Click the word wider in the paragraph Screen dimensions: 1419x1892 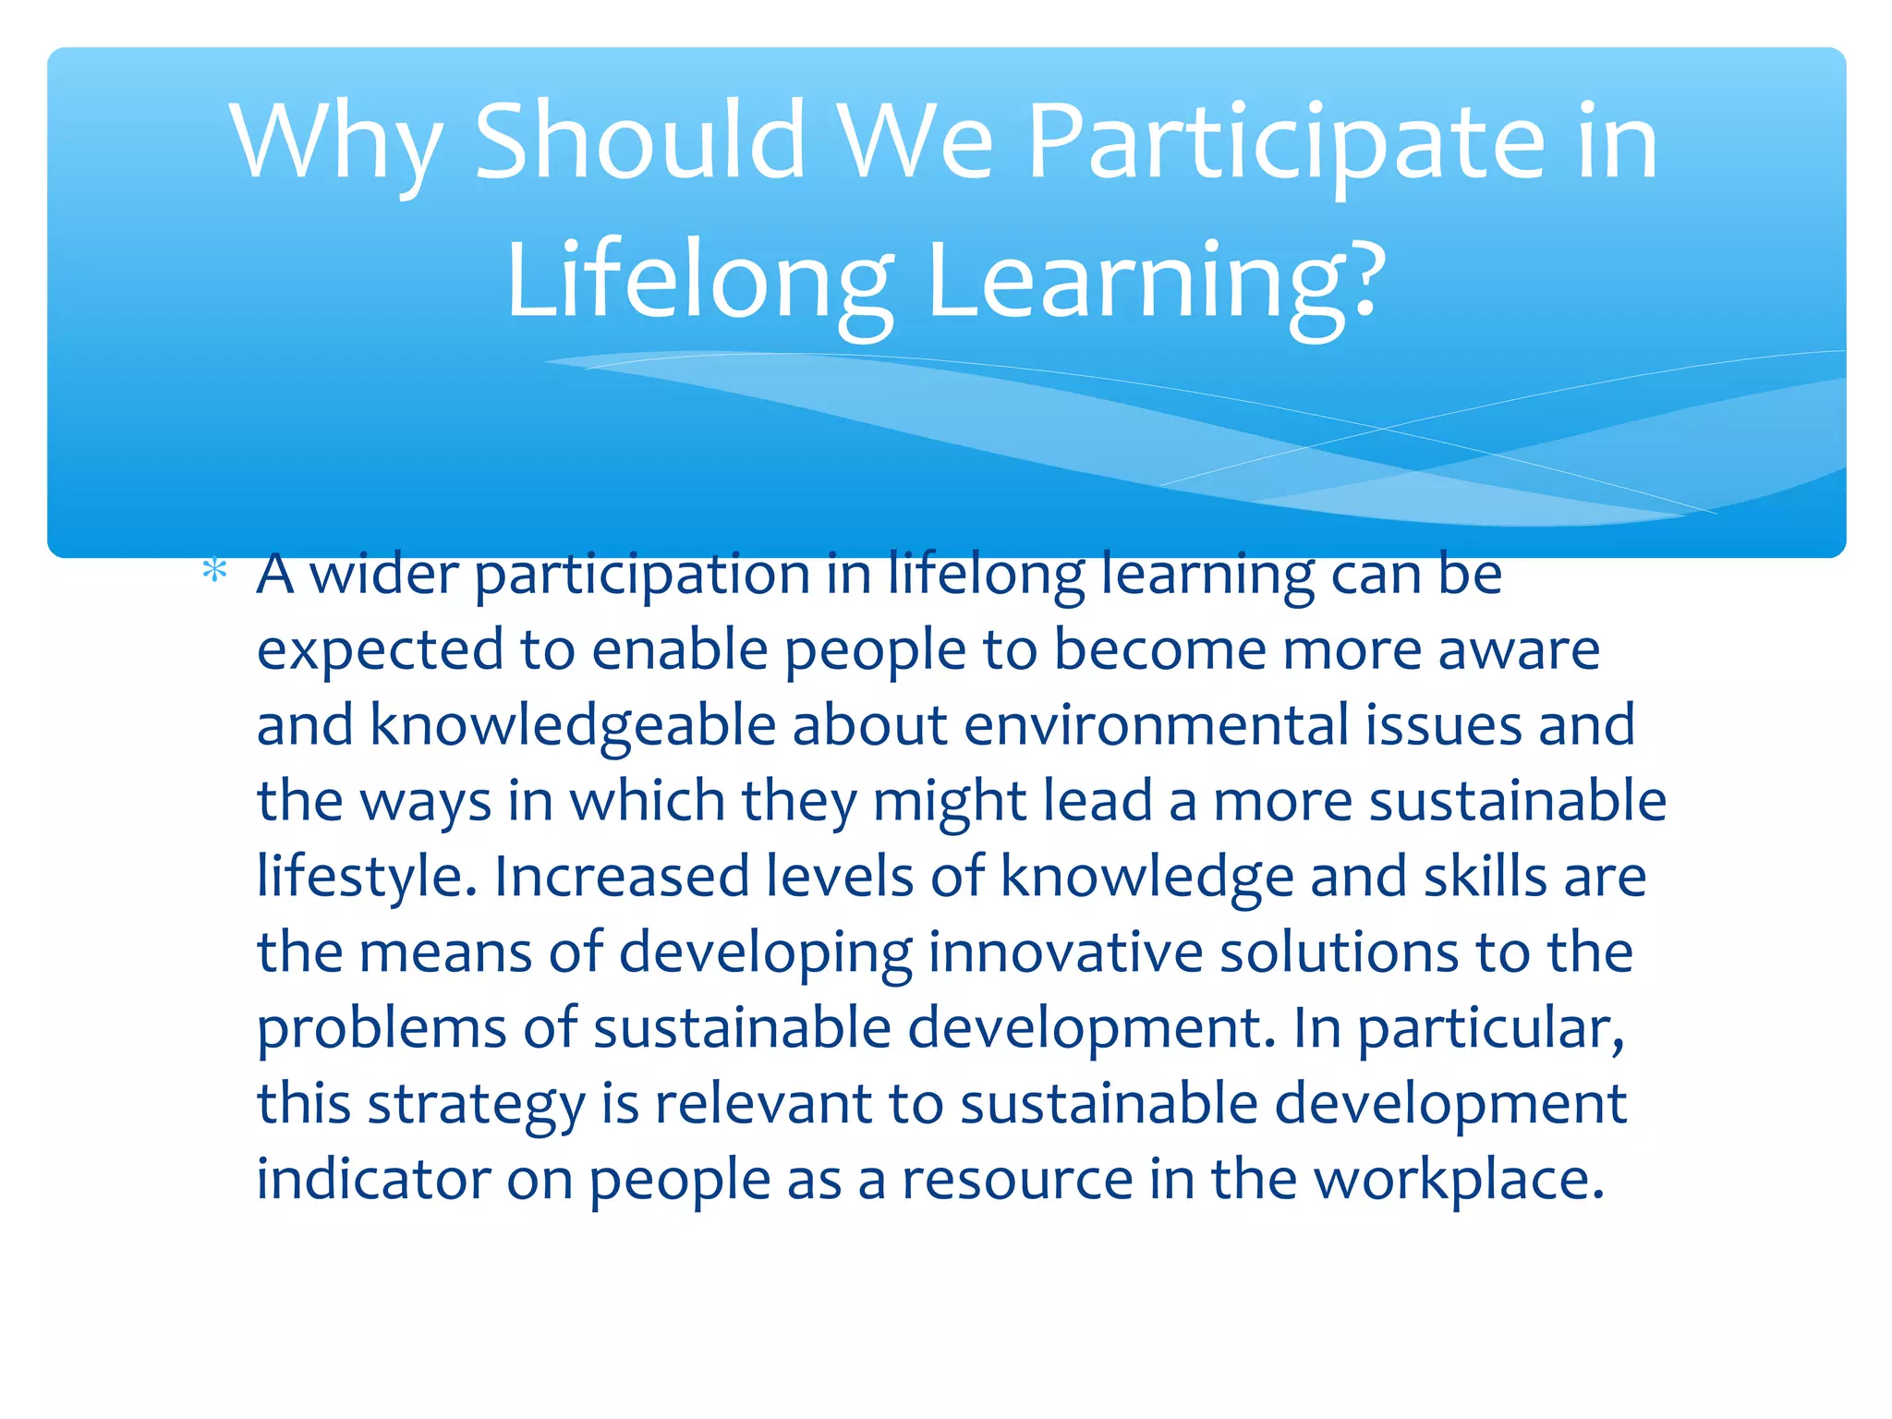pyautogui.click(x=383, y=575)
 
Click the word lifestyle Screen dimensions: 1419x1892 pyautogui.click(x=367, y=877)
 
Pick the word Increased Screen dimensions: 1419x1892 pyautogui.click(x=621, y=877)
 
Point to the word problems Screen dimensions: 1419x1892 pyautogui.click(x=382, y=1028)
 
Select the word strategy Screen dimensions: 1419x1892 pyautogui.click(x=477, y=1105)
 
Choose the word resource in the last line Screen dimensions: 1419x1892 pyautogui.click(x=1017, y=1180)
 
